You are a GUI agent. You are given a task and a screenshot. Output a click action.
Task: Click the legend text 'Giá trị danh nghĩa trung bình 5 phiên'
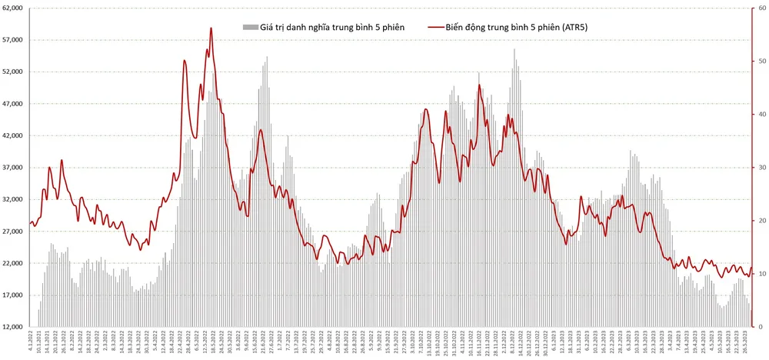[335, 28]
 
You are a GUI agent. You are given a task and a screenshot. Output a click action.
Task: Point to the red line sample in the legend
[434, 28]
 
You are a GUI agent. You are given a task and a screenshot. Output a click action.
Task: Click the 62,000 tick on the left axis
[14, 8]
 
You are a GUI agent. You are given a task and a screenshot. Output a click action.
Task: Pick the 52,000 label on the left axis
[14, 72]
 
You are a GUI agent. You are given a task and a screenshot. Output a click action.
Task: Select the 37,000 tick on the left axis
[14, 168]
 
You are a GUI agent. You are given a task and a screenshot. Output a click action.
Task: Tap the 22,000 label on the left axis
[14, 264]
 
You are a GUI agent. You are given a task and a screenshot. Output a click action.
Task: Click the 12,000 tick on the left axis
[14, 328]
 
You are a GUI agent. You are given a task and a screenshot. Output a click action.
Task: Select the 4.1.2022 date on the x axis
[31, 343]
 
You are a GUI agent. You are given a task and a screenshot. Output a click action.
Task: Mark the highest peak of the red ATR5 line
[211, 28]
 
